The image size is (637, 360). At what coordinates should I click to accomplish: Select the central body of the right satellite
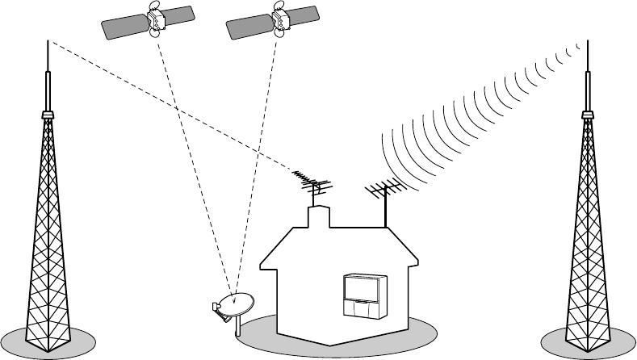pos(280,22)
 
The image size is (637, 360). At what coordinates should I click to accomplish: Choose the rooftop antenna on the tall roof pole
pos(383,192)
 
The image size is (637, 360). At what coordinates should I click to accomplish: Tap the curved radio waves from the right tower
pos(468,113)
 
